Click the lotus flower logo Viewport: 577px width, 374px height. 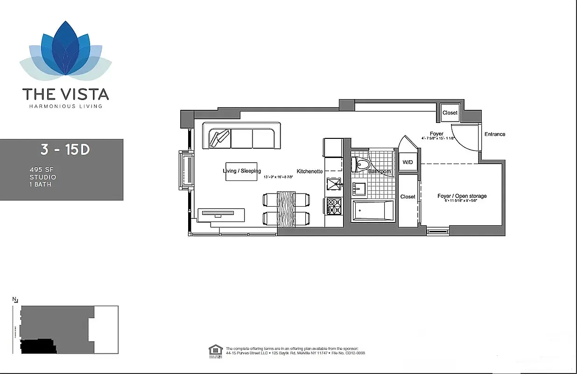click(65, 50)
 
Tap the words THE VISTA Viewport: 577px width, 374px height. click(65, 94)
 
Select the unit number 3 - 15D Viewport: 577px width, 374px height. click(65, 150)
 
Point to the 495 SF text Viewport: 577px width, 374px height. click(39, 170)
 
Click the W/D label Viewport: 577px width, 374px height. click(408, 162)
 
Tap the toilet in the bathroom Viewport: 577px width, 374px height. click(361, 164)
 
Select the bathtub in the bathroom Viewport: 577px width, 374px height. click(372, 211)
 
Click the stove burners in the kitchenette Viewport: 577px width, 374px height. click(334, 206)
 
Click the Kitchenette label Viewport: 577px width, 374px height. click(310, 172)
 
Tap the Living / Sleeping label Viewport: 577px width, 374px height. click(242, 171)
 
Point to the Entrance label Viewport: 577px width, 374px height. click(495, 134)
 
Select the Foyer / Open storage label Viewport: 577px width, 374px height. click(462, 196)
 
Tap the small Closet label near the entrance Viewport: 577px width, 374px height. click(450, 113)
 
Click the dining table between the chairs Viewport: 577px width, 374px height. click(287, 209)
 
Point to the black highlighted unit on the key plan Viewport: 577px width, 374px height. click(38, 346)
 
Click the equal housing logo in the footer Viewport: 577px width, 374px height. click(216, 350)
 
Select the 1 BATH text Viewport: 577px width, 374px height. click(40, 184)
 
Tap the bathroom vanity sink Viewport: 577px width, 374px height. click(359, 189)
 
